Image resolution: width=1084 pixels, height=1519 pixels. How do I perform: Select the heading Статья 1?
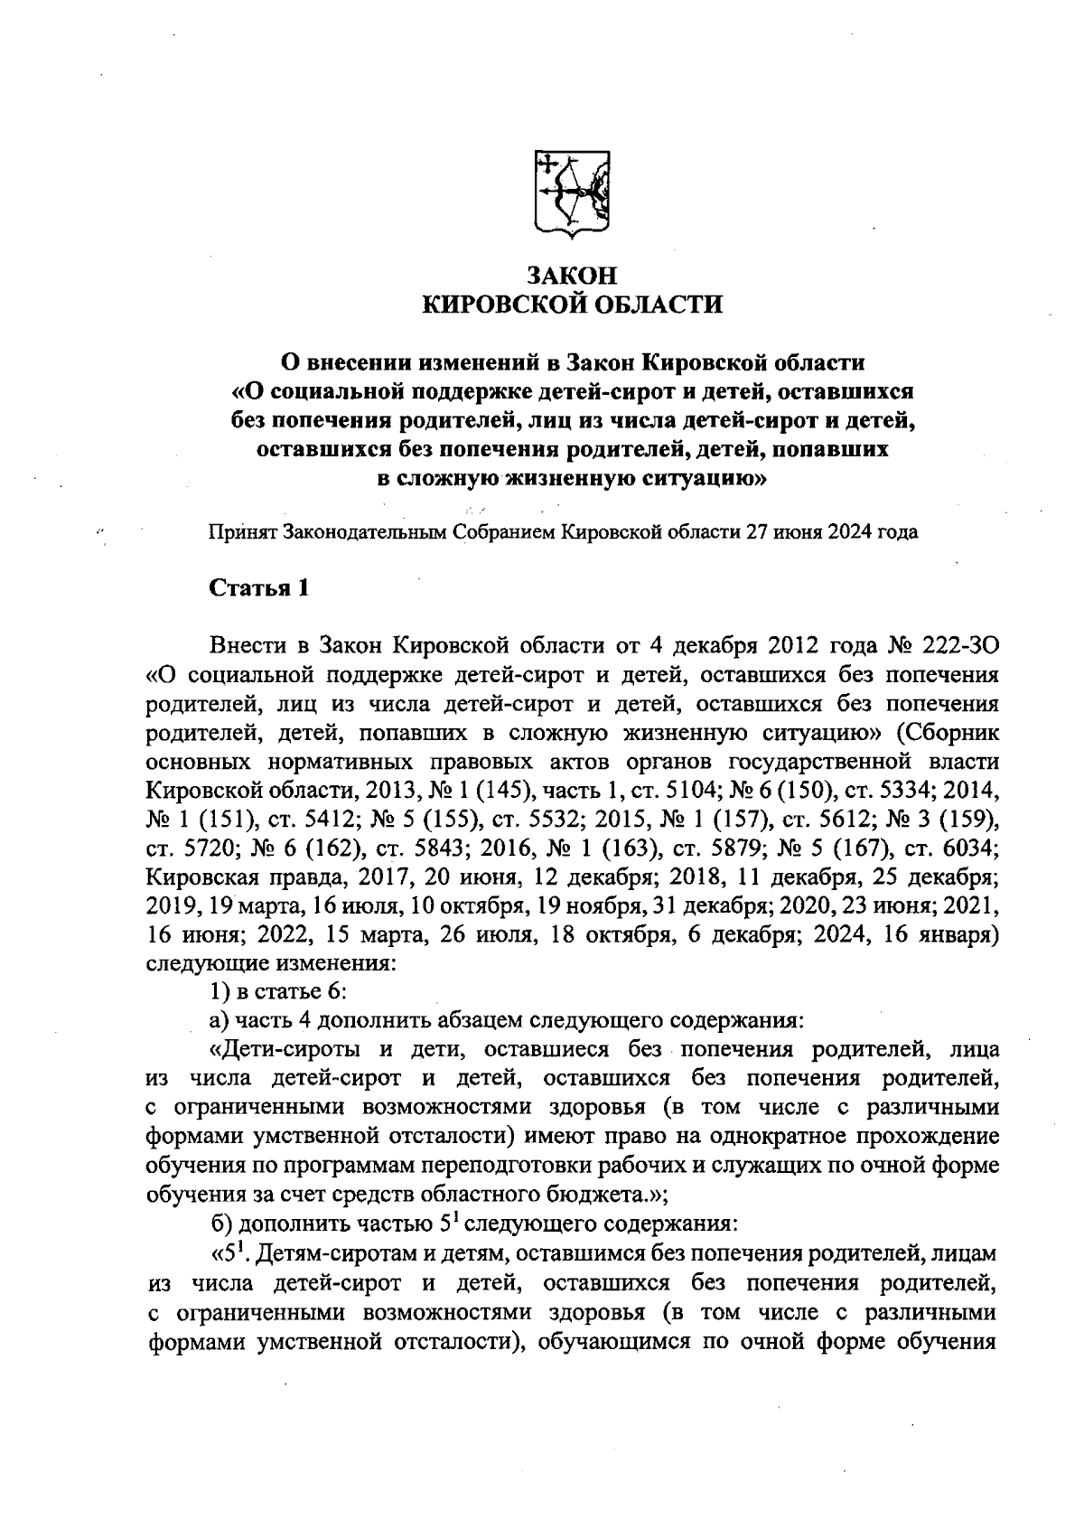259,588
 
